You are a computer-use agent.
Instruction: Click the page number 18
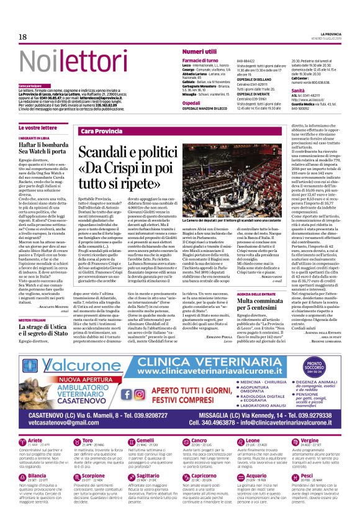pos(22,37)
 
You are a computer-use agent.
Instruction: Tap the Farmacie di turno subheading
pos(202,60)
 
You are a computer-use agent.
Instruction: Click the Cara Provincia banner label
pos(102,132)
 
